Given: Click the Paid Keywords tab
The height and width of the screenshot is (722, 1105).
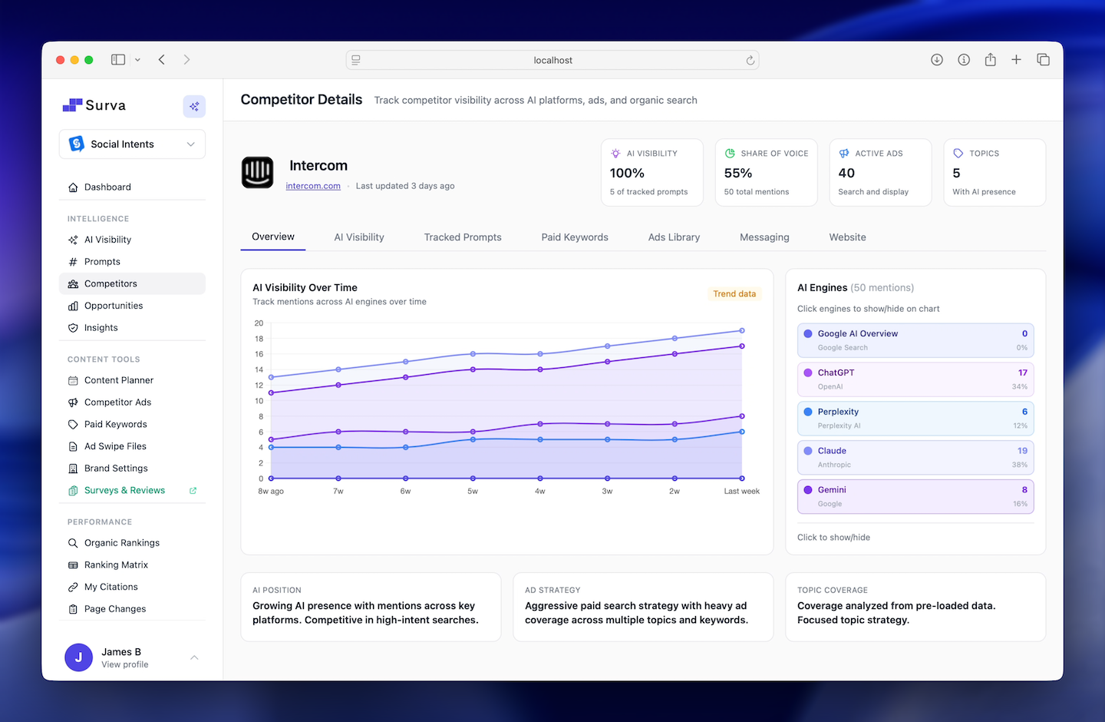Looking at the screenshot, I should click(x=574, y=237).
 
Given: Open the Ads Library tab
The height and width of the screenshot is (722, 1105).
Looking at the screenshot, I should click(x=674, y=237).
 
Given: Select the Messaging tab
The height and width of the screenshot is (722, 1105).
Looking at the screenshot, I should click(x=764, y=237).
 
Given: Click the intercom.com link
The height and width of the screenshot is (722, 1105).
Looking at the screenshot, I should click(x=313, y=186).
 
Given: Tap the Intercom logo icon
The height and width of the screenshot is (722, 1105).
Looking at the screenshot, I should click(x=258, y=172).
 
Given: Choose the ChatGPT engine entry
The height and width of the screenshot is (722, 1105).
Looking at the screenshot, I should click(x=915, y=379).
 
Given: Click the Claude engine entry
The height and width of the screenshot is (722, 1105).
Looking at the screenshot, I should click(x=915, y=457).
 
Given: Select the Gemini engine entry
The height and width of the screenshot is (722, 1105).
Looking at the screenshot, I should click(x=915, y=496).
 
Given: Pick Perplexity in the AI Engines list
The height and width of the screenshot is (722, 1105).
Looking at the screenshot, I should click(x=915, y=418).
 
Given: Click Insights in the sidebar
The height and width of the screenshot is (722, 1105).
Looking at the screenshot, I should click(x=101, y=328).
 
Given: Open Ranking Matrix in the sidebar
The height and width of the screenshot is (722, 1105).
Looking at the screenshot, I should click(x=116, y=565).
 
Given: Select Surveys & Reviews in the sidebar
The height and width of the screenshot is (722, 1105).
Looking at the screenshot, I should click(x=124, y=491).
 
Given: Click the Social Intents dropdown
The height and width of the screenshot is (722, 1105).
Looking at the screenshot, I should click(x=132, y=144).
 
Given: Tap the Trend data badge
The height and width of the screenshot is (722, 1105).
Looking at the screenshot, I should click(x=734, y=294).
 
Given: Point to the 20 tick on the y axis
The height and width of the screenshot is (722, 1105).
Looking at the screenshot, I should click(x=259, y=323).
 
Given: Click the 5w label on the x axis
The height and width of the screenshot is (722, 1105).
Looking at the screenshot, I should click(x=473, y=492).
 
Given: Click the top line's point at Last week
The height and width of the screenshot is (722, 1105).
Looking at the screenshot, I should click(x=742, y=331).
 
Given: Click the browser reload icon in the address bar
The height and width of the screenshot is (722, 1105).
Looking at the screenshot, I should click(x=750, y=61).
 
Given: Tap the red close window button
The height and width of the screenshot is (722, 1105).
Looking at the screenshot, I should click(x=61, y=60).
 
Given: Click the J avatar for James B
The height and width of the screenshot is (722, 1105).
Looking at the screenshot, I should click(x=78, y=657).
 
